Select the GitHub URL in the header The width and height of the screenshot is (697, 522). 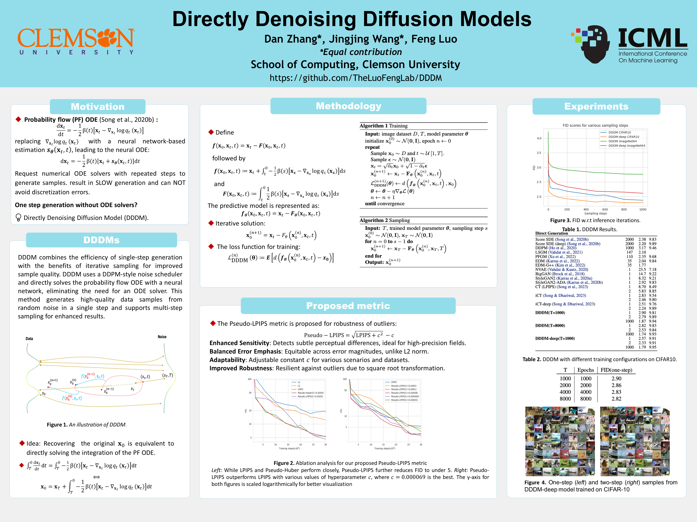click(x=355, y=78)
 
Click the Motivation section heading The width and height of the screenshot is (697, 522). click(x=98, y=107)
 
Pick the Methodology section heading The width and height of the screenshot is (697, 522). click(x=348, y=106)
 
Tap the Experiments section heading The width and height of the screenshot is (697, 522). click(x=596, y=106)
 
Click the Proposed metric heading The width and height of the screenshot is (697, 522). click(x=348, y=306)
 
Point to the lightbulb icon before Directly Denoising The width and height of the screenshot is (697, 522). click(x=18, y=217)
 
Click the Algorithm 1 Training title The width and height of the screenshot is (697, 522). click(x=384, y=126)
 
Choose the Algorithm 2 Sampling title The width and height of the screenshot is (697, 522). click(x=385, y=220)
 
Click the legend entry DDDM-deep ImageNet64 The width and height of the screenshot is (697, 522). click(x=626, y=146)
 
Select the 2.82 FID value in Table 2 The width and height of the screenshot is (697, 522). click(x=616, y=399)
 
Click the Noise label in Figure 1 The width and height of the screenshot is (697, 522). click(x=162, y=337)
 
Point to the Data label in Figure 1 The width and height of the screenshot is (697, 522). click(x=29, y=339)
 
